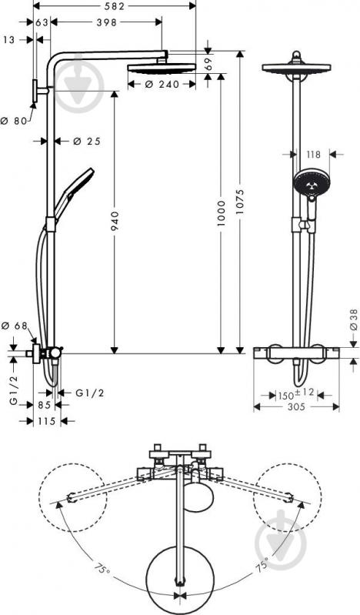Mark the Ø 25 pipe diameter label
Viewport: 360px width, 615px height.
87,141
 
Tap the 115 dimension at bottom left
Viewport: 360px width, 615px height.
47,421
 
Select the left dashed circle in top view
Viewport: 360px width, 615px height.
71,495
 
